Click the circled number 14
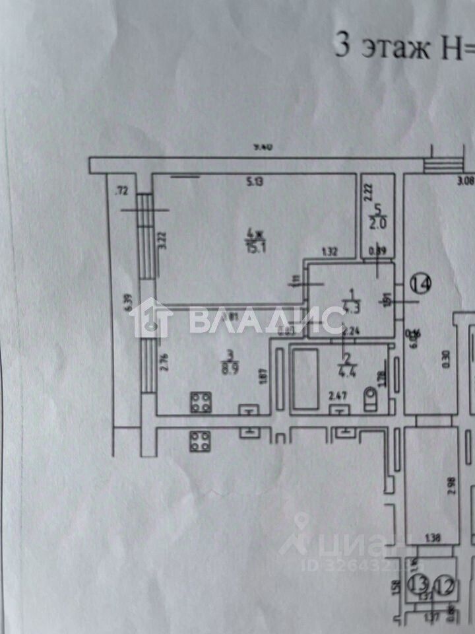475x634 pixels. (420, 285)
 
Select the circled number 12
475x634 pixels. (445, 584)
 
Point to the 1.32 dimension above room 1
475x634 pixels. (329, 252)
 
